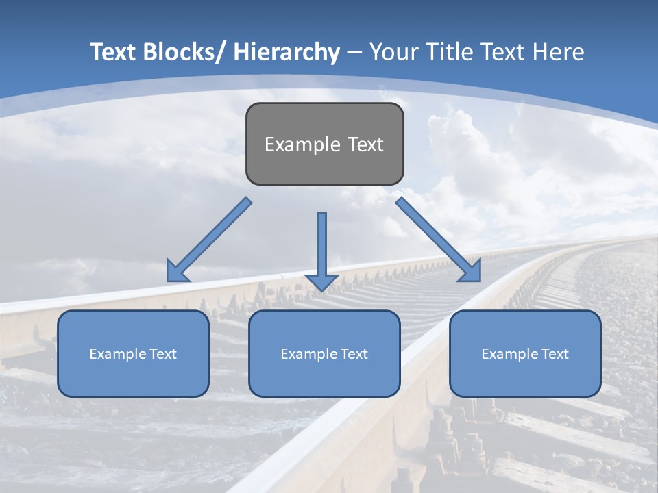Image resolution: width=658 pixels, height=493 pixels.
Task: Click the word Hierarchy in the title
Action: (287, 52)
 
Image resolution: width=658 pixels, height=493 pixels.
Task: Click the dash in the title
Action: (355, 53)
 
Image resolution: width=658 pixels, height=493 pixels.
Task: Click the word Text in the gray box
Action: (364, 144)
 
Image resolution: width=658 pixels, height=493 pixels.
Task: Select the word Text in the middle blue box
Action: (354, 354)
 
